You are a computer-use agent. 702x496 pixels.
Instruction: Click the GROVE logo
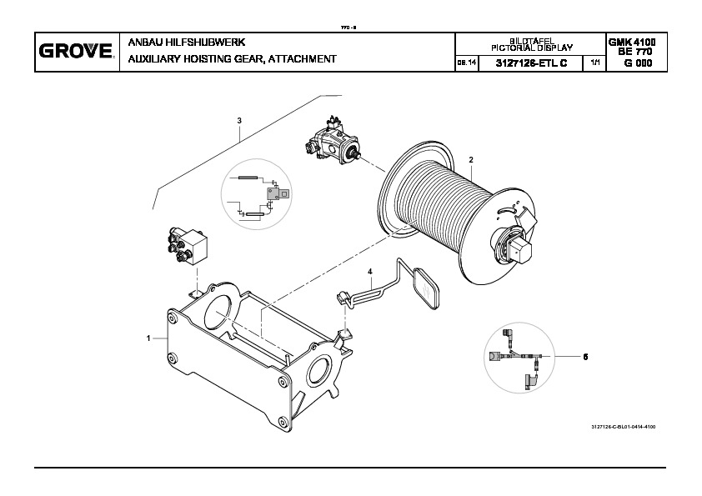75,53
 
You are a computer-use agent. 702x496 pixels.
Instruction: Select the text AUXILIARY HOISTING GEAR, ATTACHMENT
232,59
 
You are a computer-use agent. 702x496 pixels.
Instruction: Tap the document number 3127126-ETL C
530,63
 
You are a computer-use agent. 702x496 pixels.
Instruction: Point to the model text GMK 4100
631,42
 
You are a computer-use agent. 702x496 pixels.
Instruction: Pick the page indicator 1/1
594,63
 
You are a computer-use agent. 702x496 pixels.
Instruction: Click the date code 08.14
465,64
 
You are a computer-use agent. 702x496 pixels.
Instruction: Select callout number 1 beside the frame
148,338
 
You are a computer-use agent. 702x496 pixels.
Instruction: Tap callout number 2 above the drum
470,159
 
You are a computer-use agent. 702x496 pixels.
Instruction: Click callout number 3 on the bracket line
239,121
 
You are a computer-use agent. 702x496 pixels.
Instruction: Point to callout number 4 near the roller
370,271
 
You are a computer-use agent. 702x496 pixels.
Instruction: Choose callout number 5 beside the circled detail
585,357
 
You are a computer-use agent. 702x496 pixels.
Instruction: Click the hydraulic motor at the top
333,142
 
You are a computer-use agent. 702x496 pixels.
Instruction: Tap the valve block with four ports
188,246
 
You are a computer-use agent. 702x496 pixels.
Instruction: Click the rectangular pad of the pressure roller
429,287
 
